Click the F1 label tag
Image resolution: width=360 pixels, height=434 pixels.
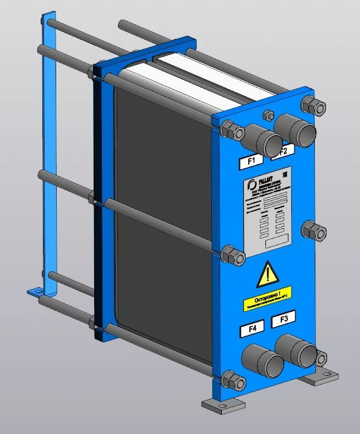click(x=252, y=161)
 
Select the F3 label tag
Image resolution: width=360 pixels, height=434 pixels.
click(x=283, y=318)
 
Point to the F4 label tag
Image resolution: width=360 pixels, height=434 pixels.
click(x=252, y=329)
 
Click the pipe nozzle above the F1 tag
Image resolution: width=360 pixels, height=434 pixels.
click(x=264, y=140)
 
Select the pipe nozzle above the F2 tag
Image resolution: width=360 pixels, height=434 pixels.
click(x=297, y=128)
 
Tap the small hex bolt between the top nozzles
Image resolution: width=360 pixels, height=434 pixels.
click(x=269, y=116)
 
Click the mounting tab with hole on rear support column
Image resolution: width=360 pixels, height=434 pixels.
click(x=36, y=290)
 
